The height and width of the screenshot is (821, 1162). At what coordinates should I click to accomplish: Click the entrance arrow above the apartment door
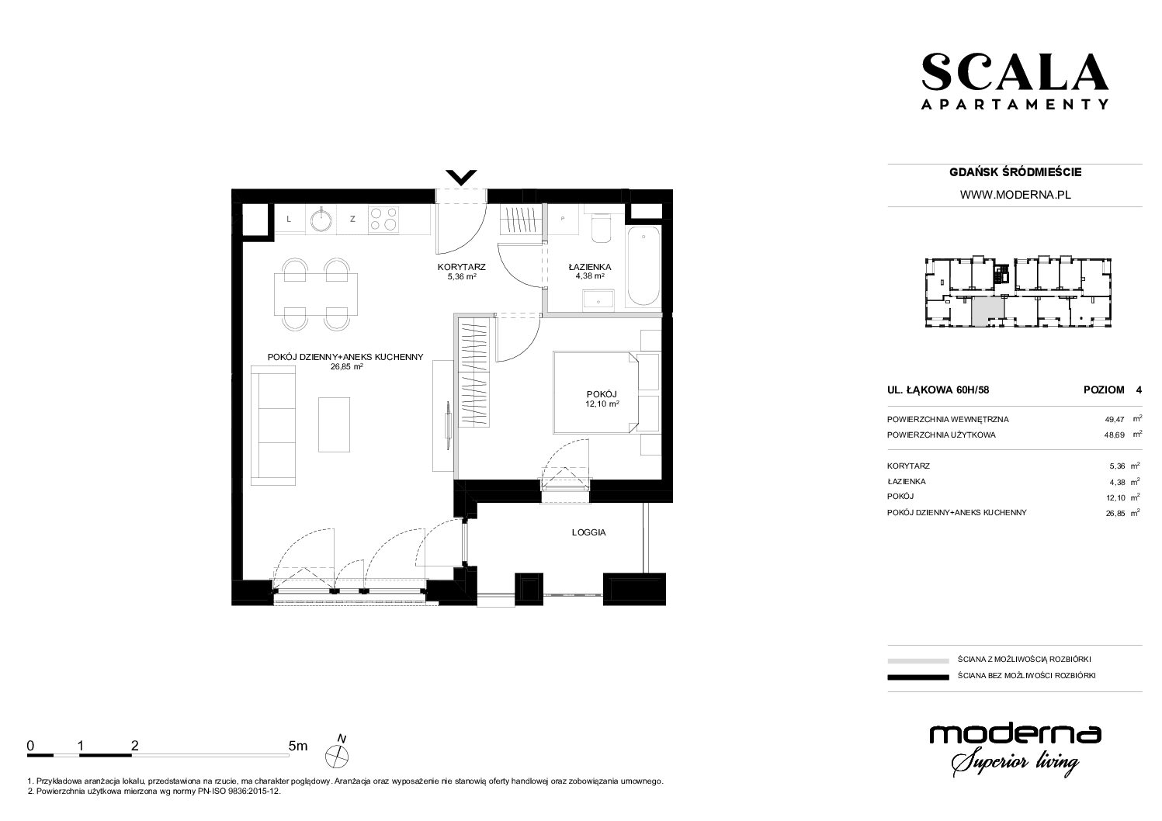[460, 178]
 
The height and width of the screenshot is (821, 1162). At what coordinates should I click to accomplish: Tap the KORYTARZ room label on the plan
[461, 267]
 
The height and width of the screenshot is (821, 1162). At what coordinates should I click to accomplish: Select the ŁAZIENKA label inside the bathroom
[590, 267]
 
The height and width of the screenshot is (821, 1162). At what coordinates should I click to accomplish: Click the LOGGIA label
[589, 532]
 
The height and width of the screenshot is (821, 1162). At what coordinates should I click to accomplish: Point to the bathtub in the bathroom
[643, 265]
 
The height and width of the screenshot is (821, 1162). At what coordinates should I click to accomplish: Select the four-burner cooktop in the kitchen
[383, 219]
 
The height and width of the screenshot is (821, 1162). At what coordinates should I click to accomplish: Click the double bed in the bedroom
[595, 392]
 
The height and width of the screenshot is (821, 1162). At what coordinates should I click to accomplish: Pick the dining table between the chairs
[316, 295]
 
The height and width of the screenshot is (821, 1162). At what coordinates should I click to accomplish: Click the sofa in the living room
[273, 425]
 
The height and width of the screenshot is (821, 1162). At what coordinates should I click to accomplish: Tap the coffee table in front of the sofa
[334, 424]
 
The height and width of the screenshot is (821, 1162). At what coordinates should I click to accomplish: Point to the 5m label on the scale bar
[298, 746]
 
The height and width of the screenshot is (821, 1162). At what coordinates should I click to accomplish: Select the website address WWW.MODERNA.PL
[1015, 195]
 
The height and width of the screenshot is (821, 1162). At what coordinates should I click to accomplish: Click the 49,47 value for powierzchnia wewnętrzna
[1115, 420]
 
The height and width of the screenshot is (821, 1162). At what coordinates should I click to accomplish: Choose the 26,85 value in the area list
[1115, 514]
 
